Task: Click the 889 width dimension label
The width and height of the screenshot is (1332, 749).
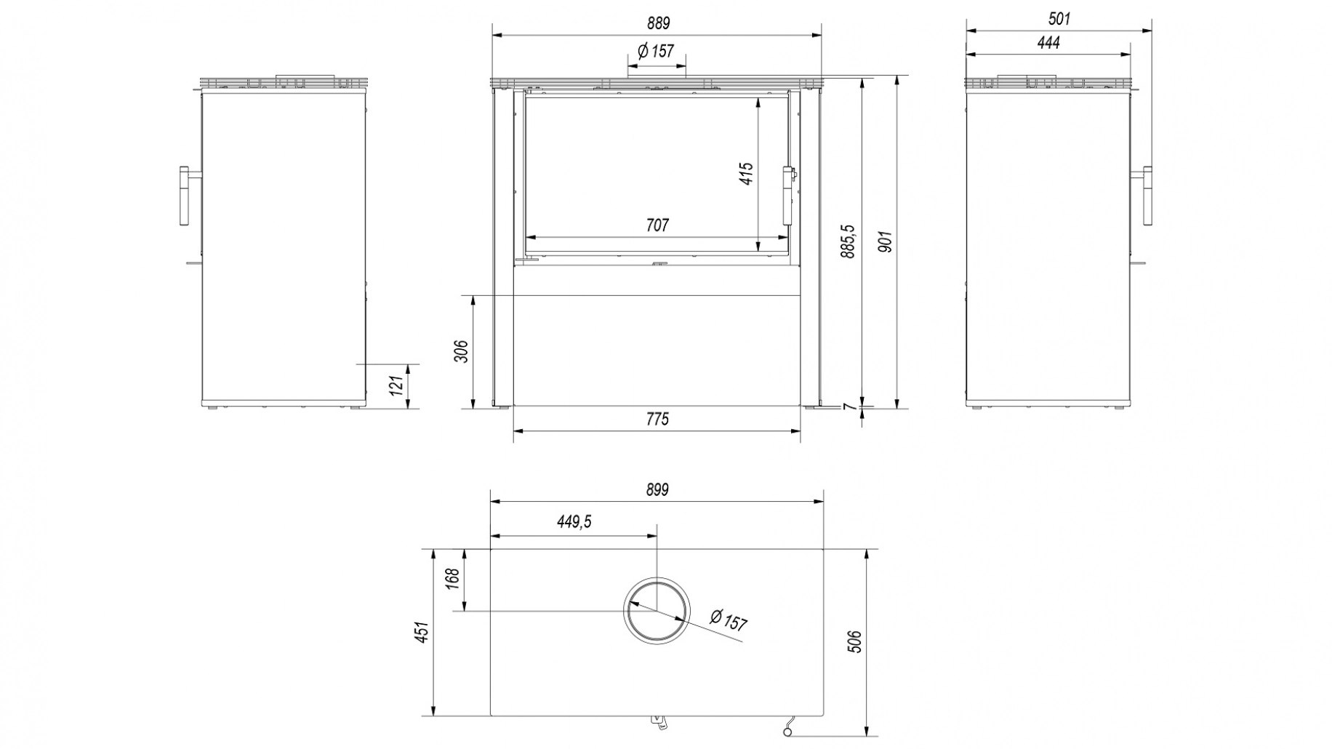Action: coord(657,23)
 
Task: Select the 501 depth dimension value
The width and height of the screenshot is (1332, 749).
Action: coord(1059,19)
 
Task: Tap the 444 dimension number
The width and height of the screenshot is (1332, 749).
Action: coord(1048,43)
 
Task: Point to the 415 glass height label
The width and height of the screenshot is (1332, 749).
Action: coord(747,174)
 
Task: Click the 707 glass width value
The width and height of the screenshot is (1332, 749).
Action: coord(657,225)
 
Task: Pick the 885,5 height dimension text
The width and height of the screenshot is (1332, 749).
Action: coord(848,241)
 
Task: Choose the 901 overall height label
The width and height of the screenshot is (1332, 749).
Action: coord(885,241)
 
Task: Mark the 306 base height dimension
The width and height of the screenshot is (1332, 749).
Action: coord(461,351)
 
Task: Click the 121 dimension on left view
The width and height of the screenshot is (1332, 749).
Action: coord(396,385)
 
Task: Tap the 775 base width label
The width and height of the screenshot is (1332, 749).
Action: coord(657,420)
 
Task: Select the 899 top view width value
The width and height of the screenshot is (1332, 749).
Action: coord(657,490)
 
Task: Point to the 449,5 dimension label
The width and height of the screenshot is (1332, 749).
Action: coord(574,522)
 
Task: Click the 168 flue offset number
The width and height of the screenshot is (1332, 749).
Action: coord(452,579)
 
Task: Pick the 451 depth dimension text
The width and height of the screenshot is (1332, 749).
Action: coord(422,632)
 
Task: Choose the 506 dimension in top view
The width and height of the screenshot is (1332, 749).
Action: coord(855,641)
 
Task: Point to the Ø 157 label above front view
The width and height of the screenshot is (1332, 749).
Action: coord(655,52)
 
